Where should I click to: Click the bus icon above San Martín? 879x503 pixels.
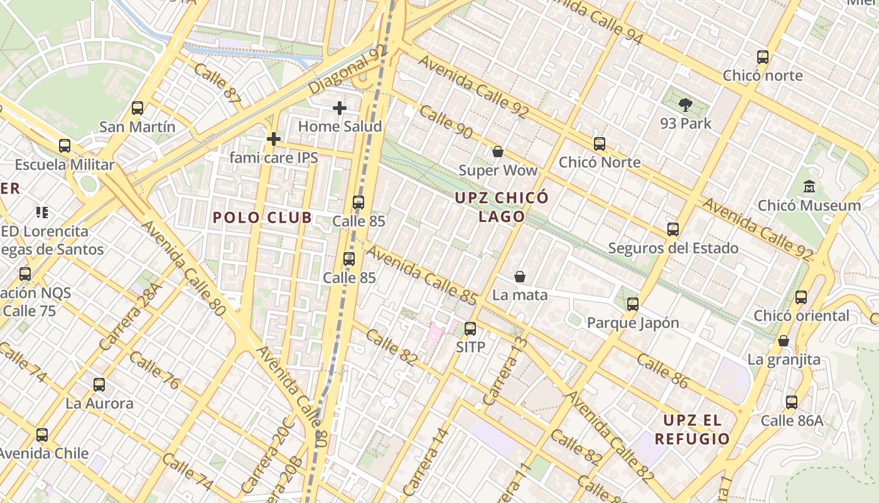click(138, 108)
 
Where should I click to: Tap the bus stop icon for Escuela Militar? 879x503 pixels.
click(65, 146)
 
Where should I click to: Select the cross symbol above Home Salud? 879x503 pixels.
click(340, 108)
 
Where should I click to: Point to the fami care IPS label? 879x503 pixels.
click(274, 157)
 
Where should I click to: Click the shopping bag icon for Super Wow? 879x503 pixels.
click(498, 152)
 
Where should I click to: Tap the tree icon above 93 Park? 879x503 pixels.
click(685, 105)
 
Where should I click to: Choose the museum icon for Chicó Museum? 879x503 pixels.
click(809, 187)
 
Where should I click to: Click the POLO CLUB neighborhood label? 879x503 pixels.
click(262, 218)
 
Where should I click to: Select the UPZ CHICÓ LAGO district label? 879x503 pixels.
click(502, 207)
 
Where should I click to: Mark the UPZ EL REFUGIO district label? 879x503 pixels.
click(692, 429)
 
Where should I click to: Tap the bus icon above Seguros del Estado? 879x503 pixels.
click(673, 229)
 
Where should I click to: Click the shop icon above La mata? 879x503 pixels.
click(520, 277)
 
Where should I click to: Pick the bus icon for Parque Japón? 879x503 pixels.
click(633, 304)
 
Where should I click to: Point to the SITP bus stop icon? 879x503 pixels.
click(470, 328)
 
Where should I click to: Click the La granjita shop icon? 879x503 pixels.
click(784, 341)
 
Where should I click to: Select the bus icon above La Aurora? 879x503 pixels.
click(99, 385)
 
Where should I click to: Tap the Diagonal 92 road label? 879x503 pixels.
click(347, 70)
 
